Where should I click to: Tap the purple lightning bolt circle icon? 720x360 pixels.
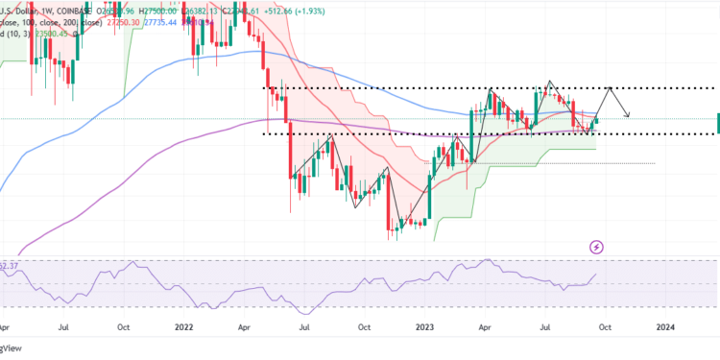click(x=597, y=247)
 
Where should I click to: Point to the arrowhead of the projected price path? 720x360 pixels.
click(x=629, y=116)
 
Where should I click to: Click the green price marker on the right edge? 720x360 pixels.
click(x=717, y=121)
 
